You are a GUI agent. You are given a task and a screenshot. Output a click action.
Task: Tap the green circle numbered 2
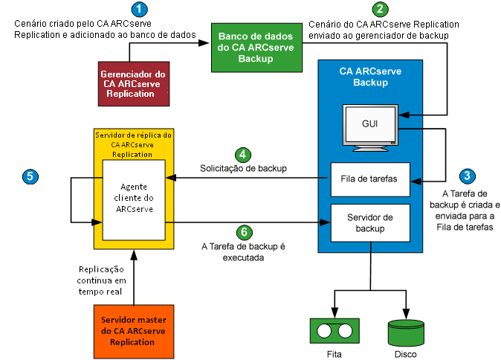tap(381, 10)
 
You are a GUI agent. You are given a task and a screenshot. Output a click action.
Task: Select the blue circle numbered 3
tap(467, 177)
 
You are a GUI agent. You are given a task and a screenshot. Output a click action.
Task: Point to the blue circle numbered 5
tap(29, 176)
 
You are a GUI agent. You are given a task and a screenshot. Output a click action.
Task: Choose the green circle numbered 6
tap(243, 231)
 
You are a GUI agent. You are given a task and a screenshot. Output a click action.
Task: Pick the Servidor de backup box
tap(370, 222)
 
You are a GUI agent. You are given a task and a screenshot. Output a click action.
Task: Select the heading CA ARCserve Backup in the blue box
tap(370, 77)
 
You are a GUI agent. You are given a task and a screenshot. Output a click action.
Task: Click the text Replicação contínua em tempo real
tap(103, 280)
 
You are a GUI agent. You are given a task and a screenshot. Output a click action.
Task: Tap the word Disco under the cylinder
tap(406, 355)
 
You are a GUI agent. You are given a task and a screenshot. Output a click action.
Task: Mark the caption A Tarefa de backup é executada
tap(243, 251)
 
